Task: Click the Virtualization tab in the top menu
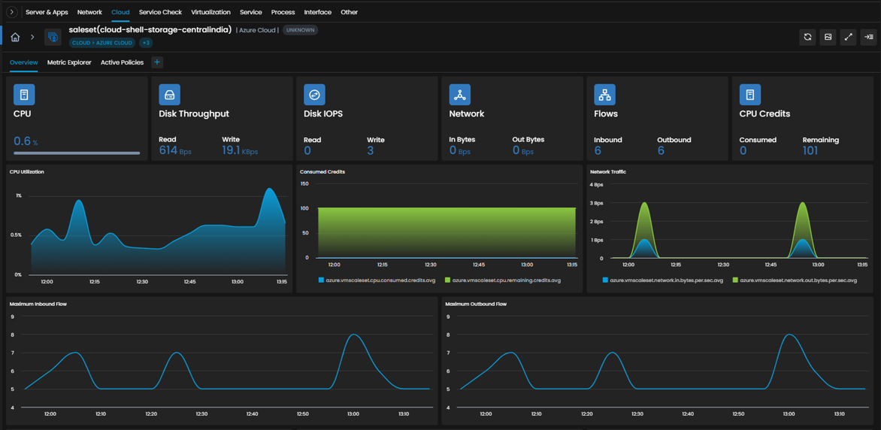click(x=210, y=12)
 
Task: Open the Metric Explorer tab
click(x=69, y=62)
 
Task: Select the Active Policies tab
click(x=122, y=62)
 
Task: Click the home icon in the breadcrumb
click(x=15, y=37)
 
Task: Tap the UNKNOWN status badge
click(x=301, y=30)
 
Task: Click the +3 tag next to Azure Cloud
click(x=145, y=43)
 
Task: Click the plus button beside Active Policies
click(x=157, y=62)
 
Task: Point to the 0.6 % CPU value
click(x=26, y=141)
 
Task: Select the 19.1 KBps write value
click(x=240, y=150)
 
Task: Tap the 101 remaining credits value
click(x=810, y=150)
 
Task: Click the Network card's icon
click(x=459, y=95)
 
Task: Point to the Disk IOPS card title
click(x=323, y=114)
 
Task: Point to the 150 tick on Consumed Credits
click(x=304, y=183)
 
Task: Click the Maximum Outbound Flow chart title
click(x=476, y=304)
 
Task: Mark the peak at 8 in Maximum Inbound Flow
click(x=353, y=335)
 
